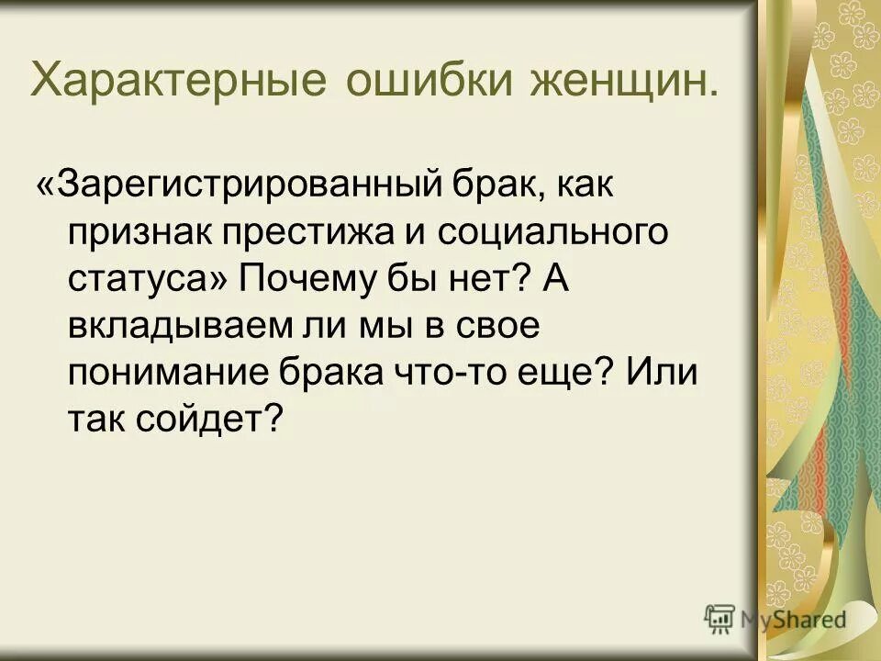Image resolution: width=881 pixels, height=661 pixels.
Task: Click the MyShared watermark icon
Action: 719,619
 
